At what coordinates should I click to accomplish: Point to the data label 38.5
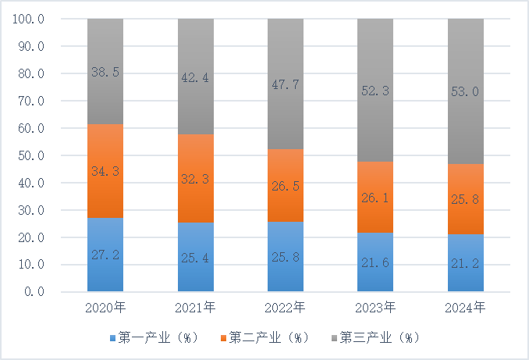pyautogui.click(x=105, y=72)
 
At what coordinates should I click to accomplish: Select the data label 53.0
pyautogui.click(x=465, y=92)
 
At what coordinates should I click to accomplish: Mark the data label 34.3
pyautogui.click(x=105, y=172)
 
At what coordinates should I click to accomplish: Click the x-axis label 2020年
pyautogui.click(x=105, y=306)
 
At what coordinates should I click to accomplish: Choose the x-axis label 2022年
pyautogui.click(x=286, y=306)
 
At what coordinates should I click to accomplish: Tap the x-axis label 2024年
pyautogui.click(x=465, y=306)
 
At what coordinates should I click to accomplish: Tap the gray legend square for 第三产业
pyautogui.click(x=333, y=338)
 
